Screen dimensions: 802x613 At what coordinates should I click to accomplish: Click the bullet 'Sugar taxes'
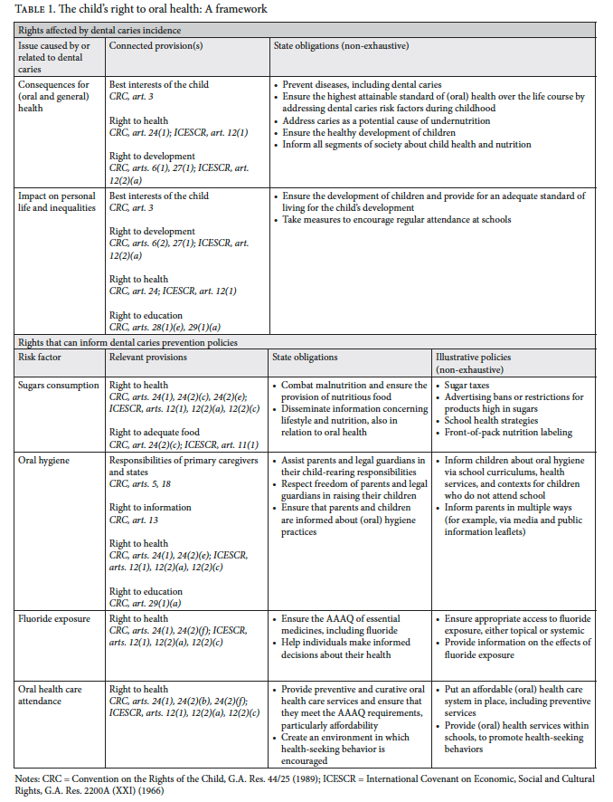pyautogui.click(x=476, y=386)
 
